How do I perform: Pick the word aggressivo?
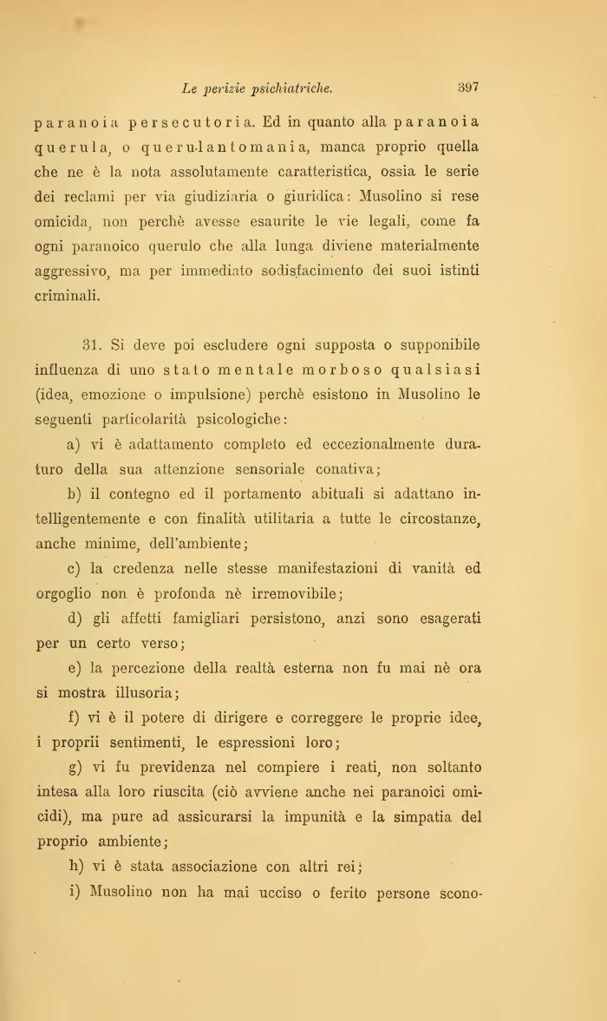point(72,271)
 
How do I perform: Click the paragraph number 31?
point(92,346)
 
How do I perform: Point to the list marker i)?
point(73,893)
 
